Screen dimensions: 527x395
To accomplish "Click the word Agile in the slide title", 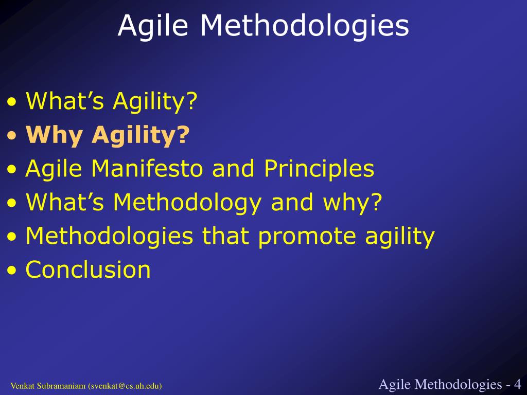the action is click(x=153, y=26).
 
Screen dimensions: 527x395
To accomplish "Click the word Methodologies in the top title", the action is click(x=305, y=25).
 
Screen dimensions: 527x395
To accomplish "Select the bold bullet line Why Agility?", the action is click(x=108, y=135).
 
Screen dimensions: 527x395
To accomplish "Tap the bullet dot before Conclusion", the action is click(x=12, y=270).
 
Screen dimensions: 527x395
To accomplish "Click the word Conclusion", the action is click(x=88, y=270).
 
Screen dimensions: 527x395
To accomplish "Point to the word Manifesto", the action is click(x=147, y=168).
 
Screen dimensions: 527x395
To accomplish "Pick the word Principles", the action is click(x=319, y=169).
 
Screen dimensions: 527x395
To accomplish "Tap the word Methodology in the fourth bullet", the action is click(x=187, y=203).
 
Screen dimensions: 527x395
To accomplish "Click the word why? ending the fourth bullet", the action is click(x=352, y=203).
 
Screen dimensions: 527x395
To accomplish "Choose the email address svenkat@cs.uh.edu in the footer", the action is click(x=125, y=386).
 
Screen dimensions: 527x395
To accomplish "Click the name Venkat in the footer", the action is click(x=23, y=386).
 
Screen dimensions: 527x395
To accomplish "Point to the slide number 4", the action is click(x=517, y=384).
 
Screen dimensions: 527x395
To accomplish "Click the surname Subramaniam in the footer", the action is click(x=61, y=386).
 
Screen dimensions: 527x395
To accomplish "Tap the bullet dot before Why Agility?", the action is click(x=12, y=135).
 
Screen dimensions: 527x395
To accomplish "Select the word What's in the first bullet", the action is click(x=65, y=101).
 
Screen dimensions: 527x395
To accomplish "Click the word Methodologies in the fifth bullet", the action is click(x=109, y=236).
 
